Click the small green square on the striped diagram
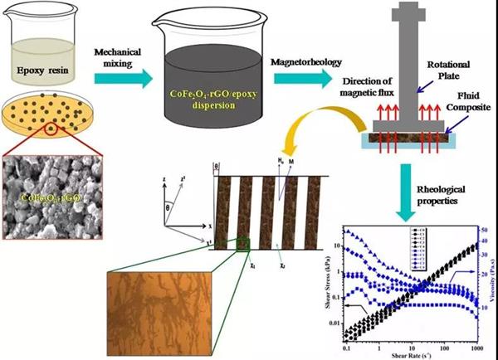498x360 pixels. coord(242,243)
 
